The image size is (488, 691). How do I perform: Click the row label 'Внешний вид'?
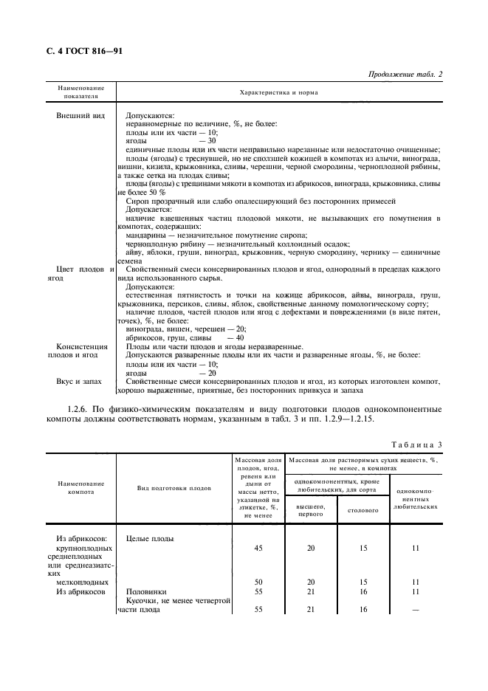point(80,117)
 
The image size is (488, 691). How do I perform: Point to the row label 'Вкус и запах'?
point(80,382)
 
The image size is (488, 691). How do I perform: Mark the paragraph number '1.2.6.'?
point(80,408)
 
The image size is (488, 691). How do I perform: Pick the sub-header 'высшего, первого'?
point(310,509)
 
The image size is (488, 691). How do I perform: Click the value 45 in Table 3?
point(259,549)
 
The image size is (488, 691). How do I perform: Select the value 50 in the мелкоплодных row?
point(259,581)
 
